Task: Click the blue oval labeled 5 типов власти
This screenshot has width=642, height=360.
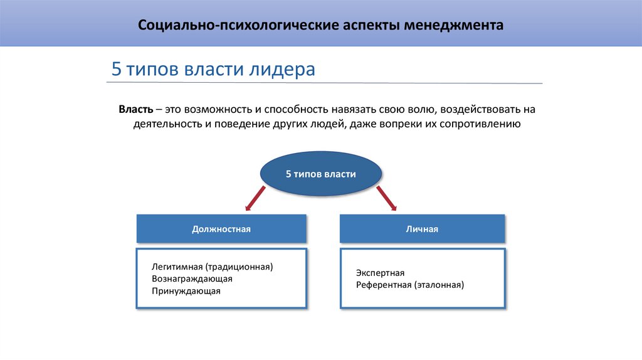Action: point(320,174)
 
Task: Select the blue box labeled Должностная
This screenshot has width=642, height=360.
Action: point(221,229)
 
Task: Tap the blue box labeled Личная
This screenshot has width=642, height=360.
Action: point(422,229)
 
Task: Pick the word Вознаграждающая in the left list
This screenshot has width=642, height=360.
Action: point(192,278)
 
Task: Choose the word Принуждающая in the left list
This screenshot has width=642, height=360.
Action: point(186,291)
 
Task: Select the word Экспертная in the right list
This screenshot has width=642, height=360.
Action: point(380,273)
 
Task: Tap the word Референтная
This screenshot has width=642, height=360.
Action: point(383,285)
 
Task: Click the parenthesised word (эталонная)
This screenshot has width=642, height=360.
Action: point(438,285)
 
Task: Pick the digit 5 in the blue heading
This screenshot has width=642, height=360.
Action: point(116,69)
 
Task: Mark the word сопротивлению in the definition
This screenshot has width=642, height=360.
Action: point(481,124)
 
